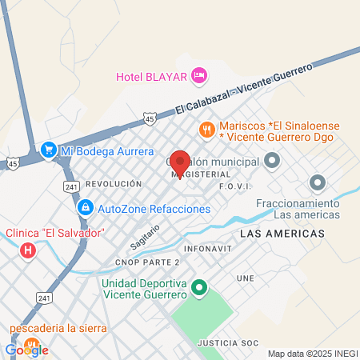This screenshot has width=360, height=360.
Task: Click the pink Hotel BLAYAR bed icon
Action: click(199, 76)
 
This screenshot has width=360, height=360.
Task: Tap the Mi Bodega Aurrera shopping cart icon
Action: click(48, 150)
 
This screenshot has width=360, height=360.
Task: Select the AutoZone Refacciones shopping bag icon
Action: click(84, 208)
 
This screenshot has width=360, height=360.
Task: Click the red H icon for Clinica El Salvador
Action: click(29, 251)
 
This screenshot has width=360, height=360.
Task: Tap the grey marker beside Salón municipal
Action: click(272, 162)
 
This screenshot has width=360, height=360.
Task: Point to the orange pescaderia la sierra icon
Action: click(30, 345)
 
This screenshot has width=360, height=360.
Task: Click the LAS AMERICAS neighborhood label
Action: click(282, 233)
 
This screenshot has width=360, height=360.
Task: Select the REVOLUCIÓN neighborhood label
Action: click(114, 183)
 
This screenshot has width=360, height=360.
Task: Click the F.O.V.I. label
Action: click(235, 186)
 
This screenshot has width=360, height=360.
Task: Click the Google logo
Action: click(26, 350)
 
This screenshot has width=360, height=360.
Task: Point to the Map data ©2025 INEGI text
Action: click(312, 354)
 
